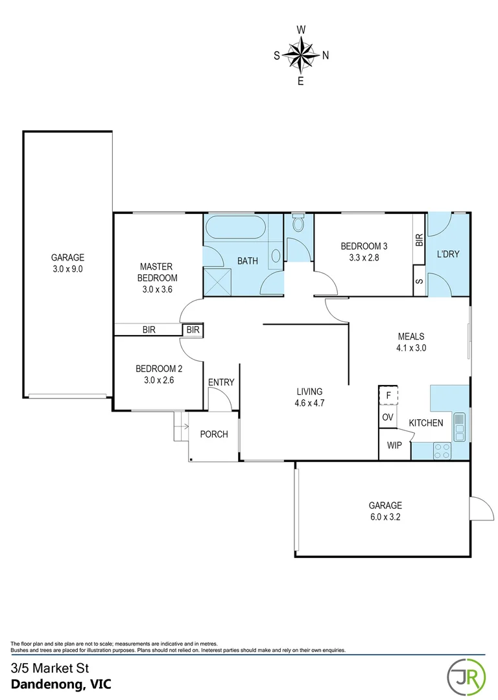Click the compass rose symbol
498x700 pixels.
pos(301,55)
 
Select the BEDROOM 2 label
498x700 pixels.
pos(159,369)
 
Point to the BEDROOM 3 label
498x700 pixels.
pos(364,246)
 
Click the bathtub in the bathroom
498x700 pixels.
pos(235,229)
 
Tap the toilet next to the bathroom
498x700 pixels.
pos(298,224)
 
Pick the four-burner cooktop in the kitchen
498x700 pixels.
pos(443,450)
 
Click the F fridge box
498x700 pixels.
pos(388,395)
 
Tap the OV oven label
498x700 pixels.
pos(388,417)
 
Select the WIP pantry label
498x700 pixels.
pos(394,446)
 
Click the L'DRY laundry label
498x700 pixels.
pos(447,254)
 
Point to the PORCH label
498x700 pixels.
pos(213,434)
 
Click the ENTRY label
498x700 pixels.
pos(220,382)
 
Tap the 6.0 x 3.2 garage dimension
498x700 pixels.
pos(385,517)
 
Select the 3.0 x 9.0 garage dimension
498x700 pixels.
pos(68,268)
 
